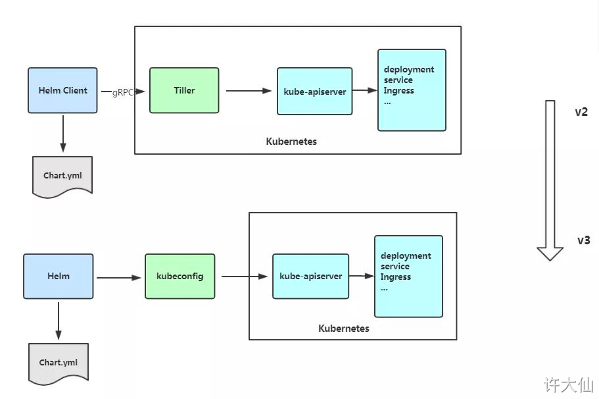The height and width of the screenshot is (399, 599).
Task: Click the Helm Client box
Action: pyautogui.click(x=62, y=90)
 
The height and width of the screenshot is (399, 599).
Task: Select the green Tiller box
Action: pyautogui.click(x=184, y=90)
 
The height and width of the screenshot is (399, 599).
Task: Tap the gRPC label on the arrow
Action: pyautogui.click(x=122, y=92)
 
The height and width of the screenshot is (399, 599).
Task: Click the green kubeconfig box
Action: pyautogui.click(x=180, y=276)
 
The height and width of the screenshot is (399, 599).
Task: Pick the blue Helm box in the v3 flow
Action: pyautogui.click(x=59, y=276)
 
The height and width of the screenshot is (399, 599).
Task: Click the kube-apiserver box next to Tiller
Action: pyautogui.click(x=315, y=91)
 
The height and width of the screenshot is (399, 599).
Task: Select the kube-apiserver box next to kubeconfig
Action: pyautogui.click(x=310, y=276)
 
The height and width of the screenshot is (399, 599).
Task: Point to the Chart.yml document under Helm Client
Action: pyautogui.click(x=62, y=176)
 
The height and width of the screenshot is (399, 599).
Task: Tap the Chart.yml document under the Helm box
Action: pyautogui.click(x=59, y=363)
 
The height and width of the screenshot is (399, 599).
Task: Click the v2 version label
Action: pyautogui.click(x=581, y=112)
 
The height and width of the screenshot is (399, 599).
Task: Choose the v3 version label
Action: pyautogui.click(x=583, y=240)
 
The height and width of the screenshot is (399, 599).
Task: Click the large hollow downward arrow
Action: pyautogui.click(x=550, y=180)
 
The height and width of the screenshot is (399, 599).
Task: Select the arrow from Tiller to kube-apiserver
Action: pyautogui.click(x=249, y=91)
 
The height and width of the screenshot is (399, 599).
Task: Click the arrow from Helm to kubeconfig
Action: pyautogui.click(x=119, y=278)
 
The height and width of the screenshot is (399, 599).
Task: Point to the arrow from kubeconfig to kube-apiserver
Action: pyautogui.click(x=245, y=276)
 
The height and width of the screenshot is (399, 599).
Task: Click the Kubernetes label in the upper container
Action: pyautogui.click(x=291, y=142)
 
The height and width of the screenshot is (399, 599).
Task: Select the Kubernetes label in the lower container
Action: pyautogui.click(x=344, y=329)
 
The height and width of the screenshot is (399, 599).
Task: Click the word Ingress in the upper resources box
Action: pyautogui.click(x=399, y=91)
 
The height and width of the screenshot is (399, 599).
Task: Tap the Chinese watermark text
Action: pyautogui.click(x=569, y=385)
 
